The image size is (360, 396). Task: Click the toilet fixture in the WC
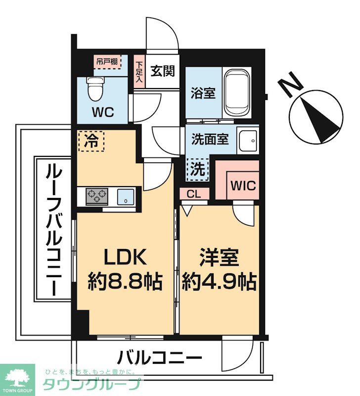click(x=93, y=89)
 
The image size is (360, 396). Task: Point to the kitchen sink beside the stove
click(x=126, y=197)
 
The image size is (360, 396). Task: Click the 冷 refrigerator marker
click(x=91, y=141)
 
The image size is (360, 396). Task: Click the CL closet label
click(x=194, y=194)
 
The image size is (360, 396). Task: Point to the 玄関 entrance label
click(x=162, y=71)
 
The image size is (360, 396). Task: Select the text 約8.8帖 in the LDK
click(x=125, y=282)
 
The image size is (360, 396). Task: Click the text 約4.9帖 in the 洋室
click(x=219, y=282)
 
